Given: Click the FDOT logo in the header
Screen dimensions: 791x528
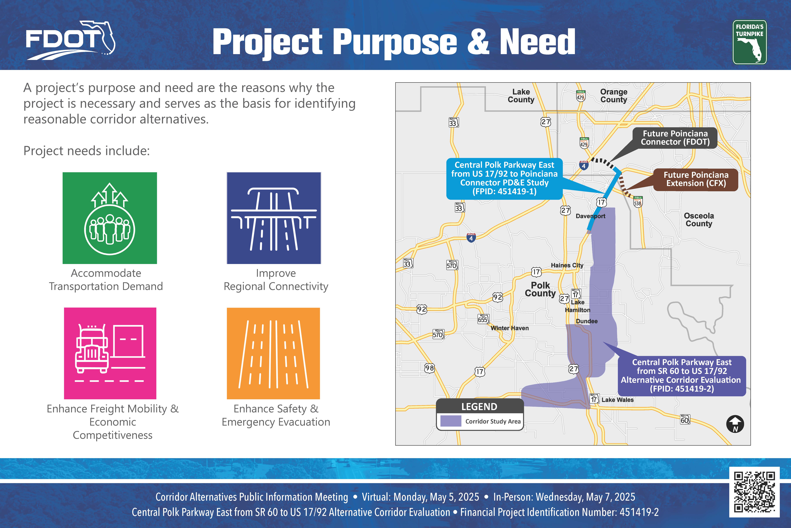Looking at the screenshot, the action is [71, 40].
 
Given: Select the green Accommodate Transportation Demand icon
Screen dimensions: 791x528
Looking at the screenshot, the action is [110, 218].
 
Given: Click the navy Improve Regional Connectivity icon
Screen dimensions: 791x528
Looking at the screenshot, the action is [274, 218].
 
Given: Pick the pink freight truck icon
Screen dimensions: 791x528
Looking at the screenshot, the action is [110, 353].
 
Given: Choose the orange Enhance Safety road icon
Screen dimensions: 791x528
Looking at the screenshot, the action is [273, 353].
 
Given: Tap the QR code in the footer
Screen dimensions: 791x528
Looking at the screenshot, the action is [754, 492].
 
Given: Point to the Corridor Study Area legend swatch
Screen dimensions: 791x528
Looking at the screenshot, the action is [451, 421].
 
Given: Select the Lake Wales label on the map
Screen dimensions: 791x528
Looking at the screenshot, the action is [617, 400].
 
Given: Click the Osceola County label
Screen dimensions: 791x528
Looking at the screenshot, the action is [699, 220].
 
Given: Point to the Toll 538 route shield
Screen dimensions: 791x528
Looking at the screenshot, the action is [638, 201].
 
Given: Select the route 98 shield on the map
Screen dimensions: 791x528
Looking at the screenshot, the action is [429, 368].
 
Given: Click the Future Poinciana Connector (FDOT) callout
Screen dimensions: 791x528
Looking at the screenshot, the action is [675, 138].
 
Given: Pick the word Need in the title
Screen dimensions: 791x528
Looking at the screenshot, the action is [537, 42].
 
